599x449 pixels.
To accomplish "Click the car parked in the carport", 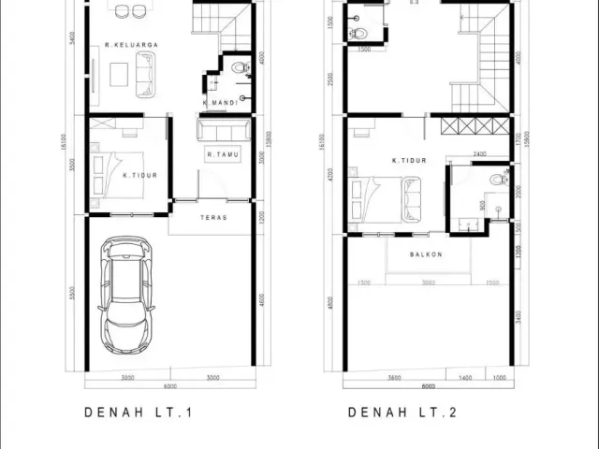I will [127, 295].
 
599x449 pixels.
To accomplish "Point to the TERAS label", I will [213, 217].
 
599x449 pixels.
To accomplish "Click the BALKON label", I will [426, 253].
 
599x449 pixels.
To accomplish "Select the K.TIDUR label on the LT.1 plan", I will [139, 175].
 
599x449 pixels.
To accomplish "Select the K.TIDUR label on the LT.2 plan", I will [409, 160].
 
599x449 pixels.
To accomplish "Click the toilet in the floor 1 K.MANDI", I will [239, 67].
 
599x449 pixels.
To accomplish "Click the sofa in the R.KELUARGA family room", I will [148, 74].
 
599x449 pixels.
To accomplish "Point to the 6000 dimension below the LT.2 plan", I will [428, 385].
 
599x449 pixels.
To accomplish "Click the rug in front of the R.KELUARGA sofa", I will [118, 73].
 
